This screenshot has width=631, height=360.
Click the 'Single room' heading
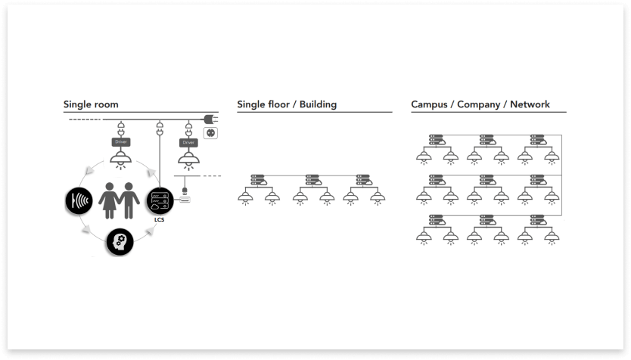pyautogui.click(x=91, y=104)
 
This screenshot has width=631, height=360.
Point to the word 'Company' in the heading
pyautogui.click(x=480, y=104)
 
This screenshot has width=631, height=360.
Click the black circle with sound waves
pyautogui.click(x=79, y=200)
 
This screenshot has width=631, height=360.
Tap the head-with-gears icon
pyautogui.click(x=120, y=241)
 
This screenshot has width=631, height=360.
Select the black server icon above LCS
pyautogui.click(x=160, y=200)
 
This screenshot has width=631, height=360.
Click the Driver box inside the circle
pyautogui.click(x=120, y=141)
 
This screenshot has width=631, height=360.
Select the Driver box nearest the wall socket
pyautogui.click(x=188, y=142)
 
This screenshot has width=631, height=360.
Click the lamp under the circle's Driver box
pyautogui.click(x=120, y=158)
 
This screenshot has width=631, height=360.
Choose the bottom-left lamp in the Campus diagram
pyautogui.click(x=424, y=237)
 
